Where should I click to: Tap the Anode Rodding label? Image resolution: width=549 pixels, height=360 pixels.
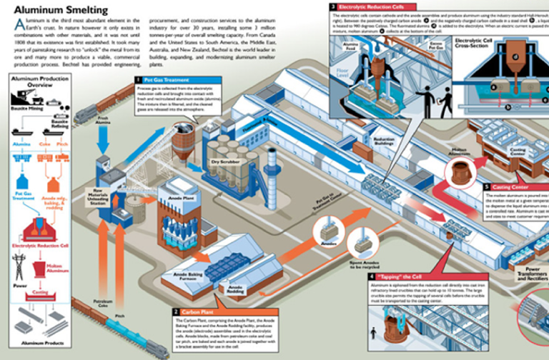pos(235,289)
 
